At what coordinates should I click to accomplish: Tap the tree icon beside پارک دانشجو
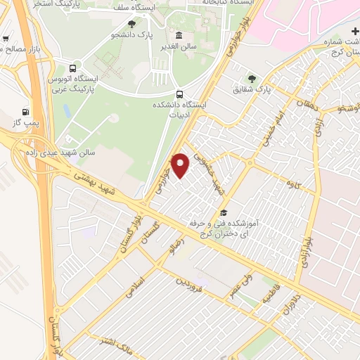coord(131,24)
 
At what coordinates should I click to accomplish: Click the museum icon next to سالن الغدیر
coord(179,36)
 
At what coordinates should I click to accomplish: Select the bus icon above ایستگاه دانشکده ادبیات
coord(180,94)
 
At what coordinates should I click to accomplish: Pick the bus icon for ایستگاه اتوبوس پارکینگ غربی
coord(72,69)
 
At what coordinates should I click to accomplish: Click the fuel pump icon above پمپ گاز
coord(26,112)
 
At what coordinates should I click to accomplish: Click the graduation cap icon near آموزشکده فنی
coord(224,213)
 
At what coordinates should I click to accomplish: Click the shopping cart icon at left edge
coord(6,39)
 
